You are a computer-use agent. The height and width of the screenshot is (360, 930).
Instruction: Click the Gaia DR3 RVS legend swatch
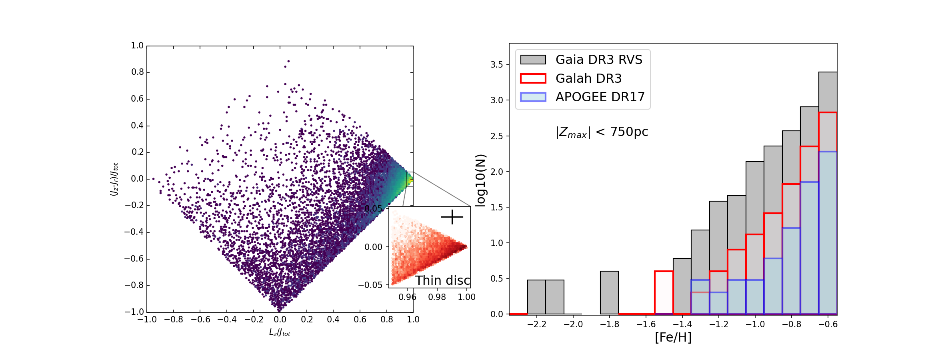pos(533,60)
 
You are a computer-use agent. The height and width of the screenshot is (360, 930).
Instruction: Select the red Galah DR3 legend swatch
pos(533,78)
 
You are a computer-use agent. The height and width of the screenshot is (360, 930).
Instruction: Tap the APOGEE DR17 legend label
pos(600,97)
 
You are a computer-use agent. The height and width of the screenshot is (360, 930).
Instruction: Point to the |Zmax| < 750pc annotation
pos(602,132)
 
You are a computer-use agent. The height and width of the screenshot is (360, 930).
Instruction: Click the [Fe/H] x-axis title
pos(673,337)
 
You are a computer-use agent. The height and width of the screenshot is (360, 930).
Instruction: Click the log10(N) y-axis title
pos(480,180)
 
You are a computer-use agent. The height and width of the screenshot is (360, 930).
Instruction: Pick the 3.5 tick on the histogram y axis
pos(497,64)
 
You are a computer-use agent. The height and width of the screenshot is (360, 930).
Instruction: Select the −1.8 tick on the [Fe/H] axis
pos(610,324)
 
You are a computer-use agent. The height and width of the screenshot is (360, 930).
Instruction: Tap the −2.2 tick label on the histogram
pos(537,324)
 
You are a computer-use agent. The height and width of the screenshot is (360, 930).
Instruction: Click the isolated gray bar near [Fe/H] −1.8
pos(609,292)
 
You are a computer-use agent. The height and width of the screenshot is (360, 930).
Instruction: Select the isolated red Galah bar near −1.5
pos(664,292)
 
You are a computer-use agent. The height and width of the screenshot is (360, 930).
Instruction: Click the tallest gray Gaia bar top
pos(828,73)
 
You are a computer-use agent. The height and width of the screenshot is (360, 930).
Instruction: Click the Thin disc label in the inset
pos(442,280)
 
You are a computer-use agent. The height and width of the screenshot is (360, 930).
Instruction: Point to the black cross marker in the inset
pos(452,217)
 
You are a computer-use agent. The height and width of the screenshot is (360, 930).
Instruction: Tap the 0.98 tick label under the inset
pos(437,297)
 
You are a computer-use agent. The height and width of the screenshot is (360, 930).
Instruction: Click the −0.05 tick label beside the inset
pos(370,285)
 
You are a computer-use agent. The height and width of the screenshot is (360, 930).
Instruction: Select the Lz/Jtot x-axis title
pos(280,332)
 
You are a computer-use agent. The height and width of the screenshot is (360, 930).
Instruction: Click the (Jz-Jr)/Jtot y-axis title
pos(114,179)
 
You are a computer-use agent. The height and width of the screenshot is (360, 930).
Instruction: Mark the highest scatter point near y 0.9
pos(288,61)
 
